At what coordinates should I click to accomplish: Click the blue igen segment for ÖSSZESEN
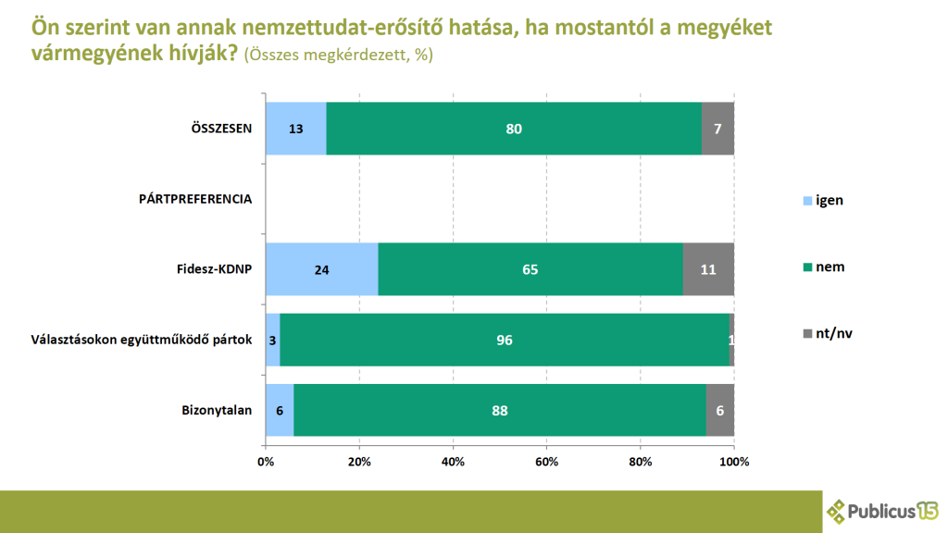coord(296,129)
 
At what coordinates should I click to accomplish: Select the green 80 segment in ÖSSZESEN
coord(514,129)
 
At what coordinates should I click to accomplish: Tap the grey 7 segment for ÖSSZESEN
coord(717,129)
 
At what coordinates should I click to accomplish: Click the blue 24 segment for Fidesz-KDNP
coord(321,269)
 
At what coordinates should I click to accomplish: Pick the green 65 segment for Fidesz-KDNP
coord(530,269)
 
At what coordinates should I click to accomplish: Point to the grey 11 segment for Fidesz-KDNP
coord(708,269)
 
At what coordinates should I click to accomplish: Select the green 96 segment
coord(505,340)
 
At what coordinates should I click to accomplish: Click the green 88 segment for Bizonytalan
coord(500,410)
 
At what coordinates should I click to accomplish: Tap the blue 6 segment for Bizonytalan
coord(280,410)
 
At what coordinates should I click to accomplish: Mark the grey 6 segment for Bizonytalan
coord(720,410)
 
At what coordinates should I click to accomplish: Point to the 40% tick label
coord(453,461)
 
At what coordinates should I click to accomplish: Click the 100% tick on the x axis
coord(733,461)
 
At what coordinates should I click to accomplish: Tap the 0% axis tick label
coord(266,461)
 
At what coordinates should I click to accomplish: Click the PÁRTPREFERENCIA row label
coord(195,199)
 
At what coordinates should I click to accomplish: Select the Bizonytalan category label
coord(217,410)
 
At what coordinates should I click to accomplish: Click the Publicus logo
coord(883,510)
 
